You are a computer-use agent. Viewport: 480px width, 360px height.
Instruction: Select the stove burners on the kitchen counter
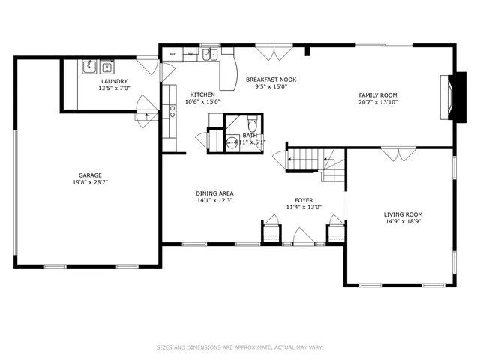[172, 112]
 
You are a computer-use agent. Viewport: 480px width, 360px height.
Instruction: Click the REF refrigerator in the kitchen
[172, 55]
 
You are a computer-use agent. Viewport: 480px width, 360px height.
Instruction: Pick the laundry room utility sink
[88, 65]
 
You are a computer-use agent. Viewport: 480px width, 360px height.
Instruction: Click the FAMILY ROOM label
[377, 94]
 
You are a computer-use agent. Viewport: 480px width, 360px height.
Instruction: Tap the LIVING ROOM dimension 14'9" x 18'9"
[403, 221]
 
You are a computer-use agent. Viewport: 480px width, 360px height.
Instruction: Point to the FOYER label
[304, 200]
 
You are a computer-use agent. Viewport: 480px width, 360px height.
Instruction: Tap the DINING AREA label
[215, 193]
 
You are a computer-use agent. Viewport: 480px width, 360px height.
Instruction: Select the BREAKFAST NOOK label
[271, 79]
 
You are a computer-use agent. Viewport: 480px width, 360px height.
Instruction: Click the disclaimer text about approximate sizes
[239, 347]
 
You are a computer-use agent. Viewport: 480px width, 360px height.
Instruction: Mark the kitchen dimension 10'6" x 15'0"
[202, 101]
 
